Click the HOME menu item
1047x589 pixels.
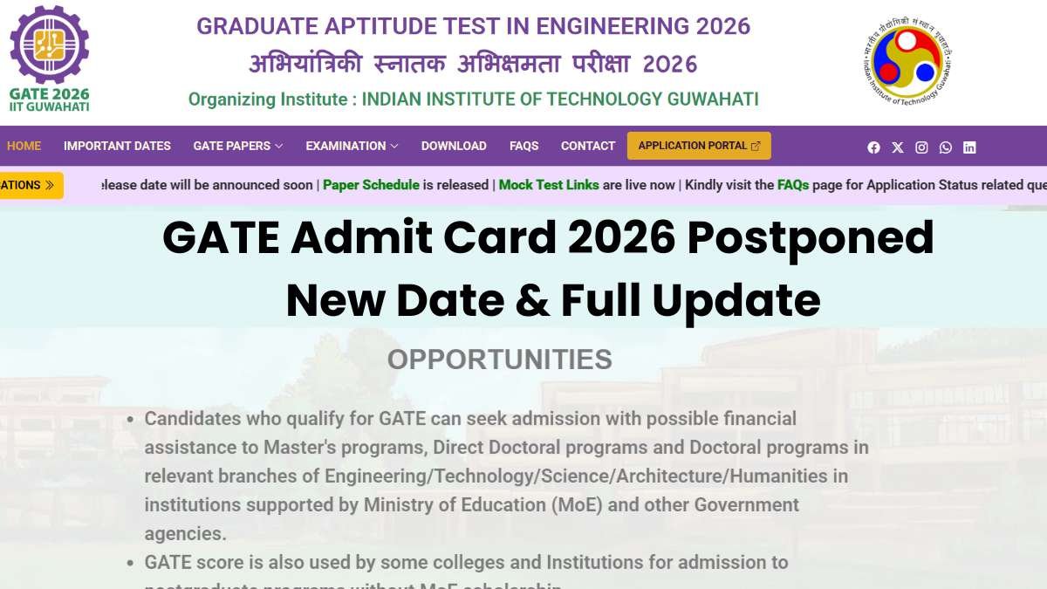click(x=24, y=146)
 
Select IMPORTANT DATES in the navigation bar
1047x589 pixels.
click(x=117, y=146)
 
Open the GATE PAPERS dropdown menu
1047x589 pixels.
click(x=237, y=146)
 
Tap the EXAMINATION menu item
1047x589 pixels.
click(x=352, y=146)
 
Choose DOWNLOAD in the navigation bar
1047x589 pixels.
click(x=454, y=146)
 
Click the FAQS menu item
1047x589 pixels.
click(x=523, y=146)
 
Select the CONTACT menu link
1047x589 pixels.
click(x=588, y=146)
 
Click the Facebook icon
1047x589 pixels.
click(x=873, y=147)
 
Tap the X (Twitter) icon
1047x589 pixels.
click(x=898, y=147)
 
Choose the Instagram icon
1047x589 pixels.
click(x=921, y=147)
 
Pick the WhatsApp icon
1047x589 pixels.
click(x=946, y=147)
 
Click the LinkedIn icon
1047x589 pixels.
click(x=969, y=147)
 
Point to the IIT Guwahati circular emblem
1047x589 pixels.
click(x=907, y=63)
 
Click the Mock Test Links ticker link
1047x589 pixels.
click(x=549, y=185)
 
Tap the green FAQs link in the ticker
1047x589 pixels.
click(x=793, y=185)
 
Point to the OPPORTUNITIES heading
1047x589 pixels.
click(x=499, y=360)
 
